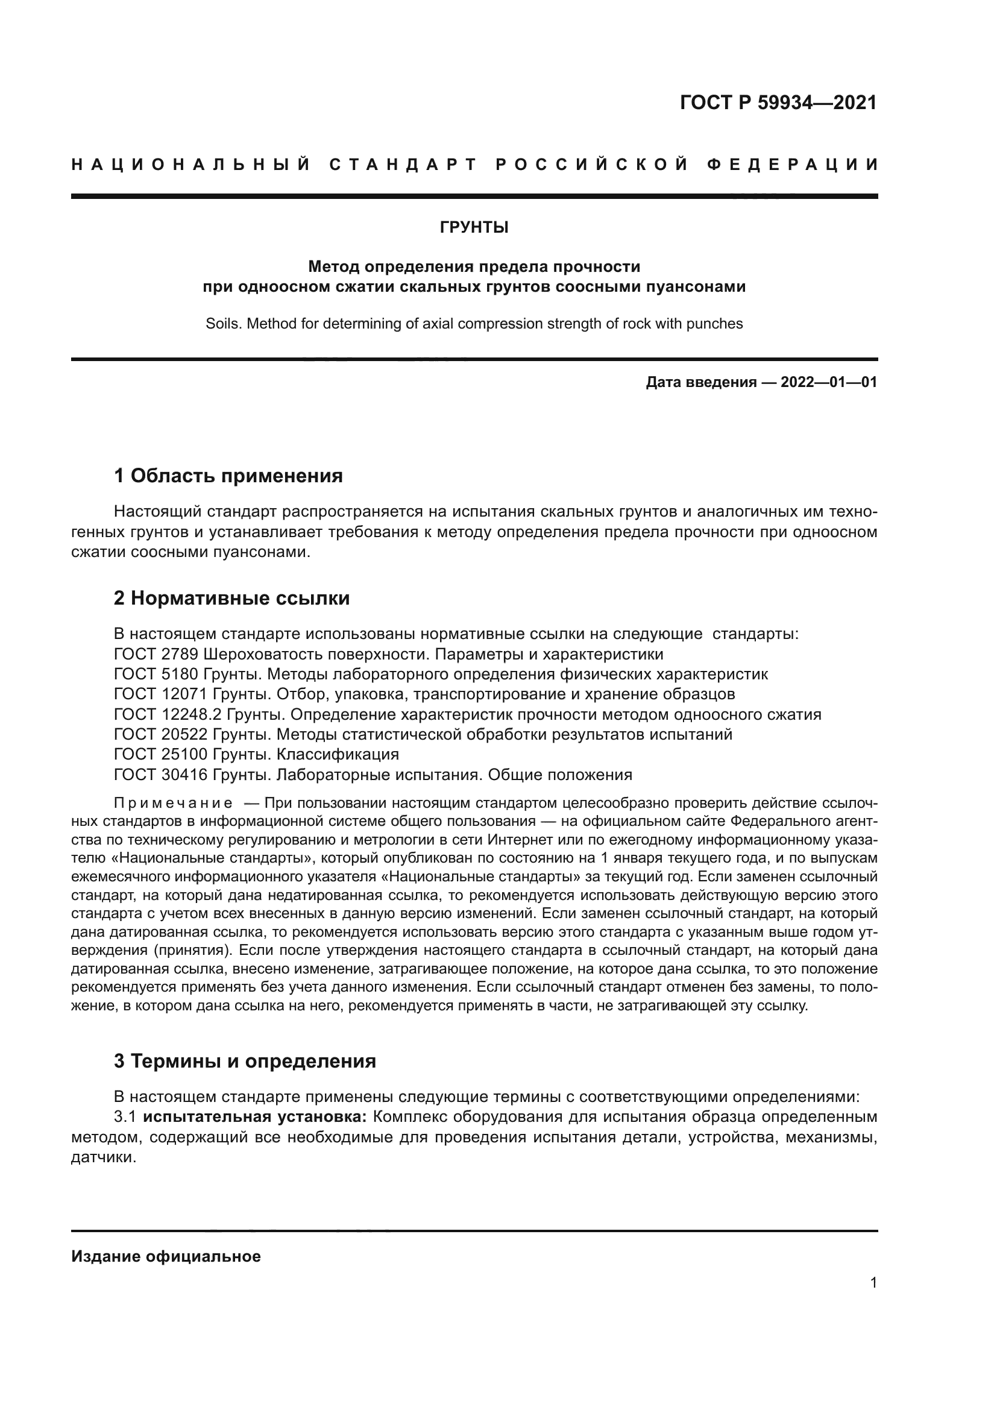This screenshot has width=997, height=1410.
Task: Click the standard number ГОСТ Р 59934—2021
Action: pos(778,102)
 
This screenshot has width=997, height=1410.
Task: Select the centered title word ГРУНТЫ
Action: pos(474,228)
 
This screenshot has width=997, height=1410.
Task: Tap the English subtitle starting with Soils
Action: pos(474,324)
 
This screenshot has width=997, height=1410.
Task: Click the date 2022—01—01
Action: pos(828,383)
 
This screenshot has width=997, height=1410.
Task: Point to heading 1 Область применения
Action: pos(228,475)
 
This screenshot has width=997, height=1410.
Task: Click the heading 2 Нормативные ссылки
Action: pos(231,598)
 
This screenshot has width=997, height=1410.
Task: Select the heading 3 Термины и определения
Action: pos(244,1061)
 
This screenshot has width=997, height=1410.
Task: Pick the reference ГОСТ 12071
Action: pos(161,694)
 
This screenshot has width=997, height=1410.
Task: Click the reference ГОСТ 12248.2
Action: pos(168,715)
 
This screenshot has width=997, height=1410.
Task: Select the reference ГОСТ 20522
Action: pos(161,734)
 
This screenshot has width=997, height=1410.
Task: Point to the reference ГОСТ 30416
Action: pos(161,775)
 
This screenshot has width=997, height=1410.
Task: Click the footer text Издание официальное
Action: pos(166,1256)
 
